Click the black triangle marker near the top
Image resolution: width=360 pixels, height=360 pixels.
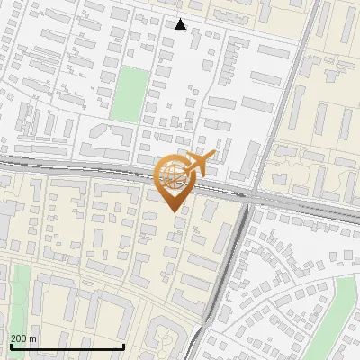point(181,24)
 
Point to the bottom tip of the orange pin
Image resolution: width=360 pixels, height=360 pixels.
point(172,211)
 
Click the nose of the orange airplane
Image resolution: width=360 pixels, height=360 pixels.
point(212,156)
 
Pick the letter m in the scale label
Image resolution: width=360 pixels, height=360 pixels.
point(34,338)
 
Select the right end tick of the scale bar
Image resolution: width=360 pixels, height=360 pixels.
point(123,346)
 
